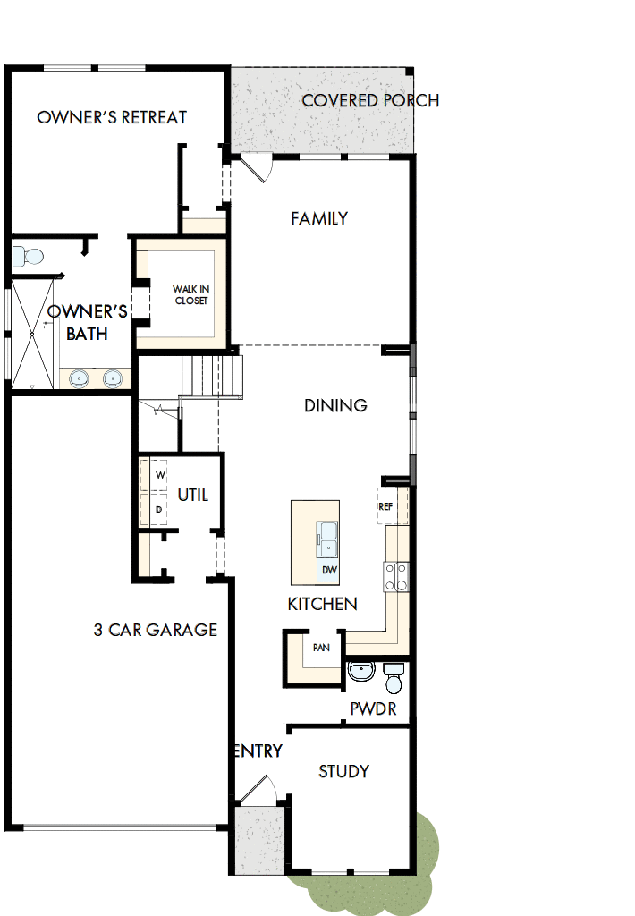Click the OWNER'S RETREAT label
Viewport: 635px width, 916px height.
[x=112, y=117]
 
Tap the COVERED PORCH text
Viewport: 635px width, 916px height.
[x=370, y=100]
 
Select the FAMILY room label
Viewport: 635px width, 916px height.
[x=319, y=218]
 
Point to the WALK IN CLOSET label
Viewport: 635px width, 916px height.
[x=190, y=295]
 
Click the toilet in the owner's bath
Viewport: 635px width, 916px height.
[x=28, y=257]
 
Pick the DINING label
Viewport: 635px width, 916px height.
[x=335, y=405]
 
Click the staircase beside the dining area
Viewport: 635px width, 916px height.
[x=212, y=375]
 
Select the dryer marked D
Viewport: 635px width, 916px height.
[x=159, y=509]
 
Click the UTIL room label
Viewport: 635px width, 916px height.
[x=192, y=495]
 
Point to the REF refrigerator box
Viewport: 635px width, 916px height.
[x=385, y=506]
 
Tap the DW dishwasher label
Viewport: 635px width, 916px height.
[x=328, y=570]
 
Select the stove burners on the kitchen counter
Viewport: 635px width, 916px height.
[x=396, y=576]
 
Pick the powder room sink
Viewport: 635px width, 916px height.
[x=361, y=671]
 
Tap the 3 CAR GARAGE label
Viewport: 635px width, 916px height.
[x=156, y=630]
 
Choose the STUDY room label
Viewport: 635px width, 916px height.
[x=343, y=771]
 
